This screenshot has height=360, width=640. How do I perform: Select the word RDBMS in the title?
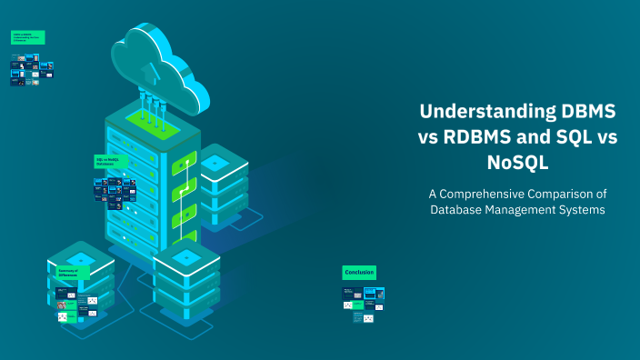[x=479, y=138]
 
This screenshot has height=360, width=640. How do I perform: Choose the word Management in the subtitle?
[x=525, y=210]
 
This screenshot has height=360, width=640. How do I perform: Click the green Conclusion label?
[x=358, y=272]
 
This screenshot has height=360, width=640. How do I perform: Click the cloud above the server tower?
[x=157, y=60]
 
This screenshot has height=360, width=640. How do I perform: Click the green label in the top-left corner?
[x=27, y=37]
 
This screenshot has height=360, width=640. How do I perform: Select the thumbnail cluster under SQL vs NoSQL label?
[x=115, y=188]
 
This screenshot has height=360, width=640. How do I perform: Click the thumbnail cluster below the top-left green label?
[x=25, y=70]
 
